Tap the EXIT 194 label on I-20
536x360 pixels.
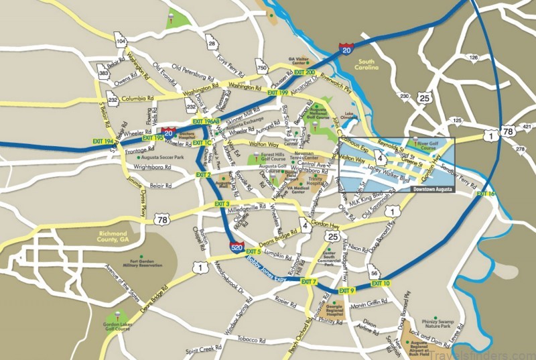pos(103,141)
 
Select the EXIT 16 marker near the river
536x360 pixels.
pos(486,194)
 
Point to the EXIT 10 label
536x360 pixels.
pos(380,284)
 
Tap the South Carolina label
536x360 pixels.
pos(367,66)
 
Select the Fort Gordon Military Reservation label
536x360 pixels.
pos(137,262)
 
